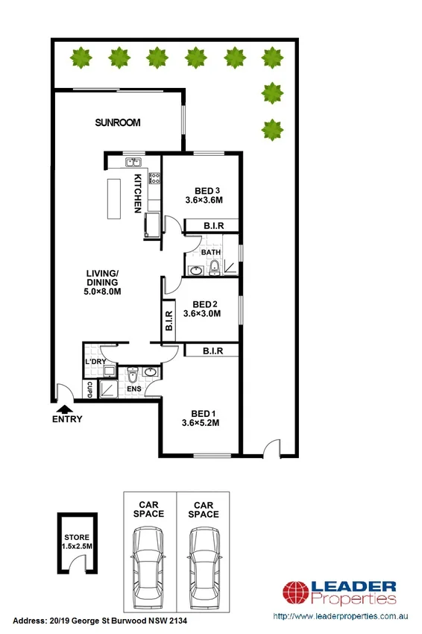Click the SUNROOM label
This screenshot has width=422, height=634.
118,123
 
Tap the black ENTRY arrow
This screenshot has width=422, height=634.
66,408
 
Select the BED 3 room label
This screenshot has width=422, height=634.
204,189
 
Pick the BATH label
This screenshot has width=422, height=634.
210,252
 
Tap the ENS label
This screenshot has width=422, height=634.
134,389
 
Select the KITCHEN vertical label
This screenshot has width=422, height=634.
138,193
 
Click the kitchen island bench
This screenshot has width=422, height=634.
114,198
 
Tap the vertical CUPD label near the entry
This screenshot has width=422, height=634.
89,389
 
